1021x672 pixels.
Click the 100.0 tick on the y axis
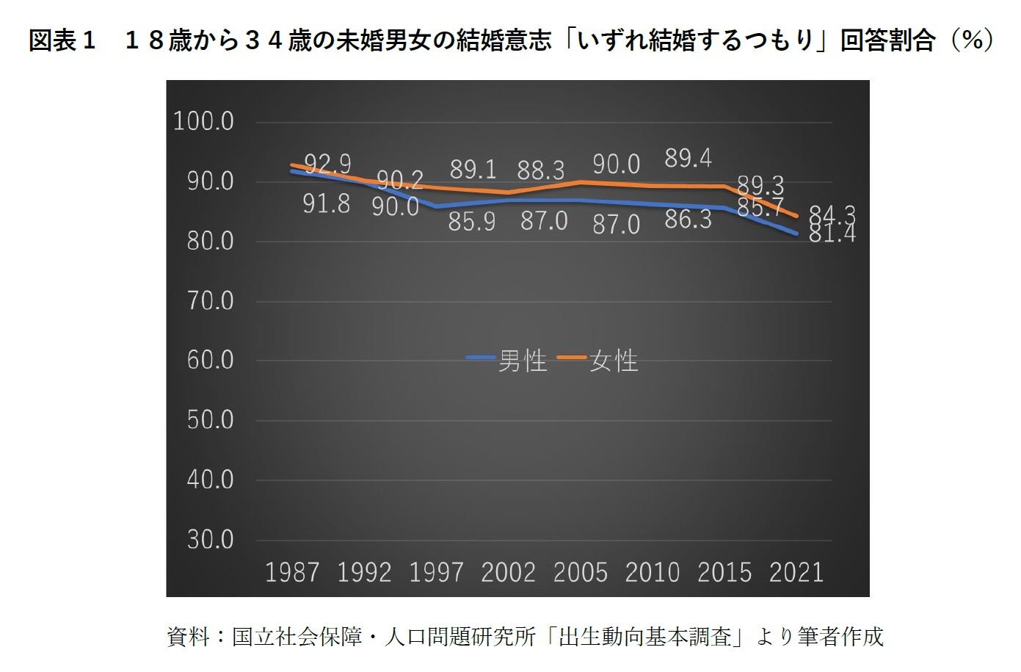(203, 121)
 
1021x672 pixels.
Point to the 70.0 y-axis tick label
(210, 300)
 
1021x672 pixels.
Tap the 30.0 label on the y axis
(210, 540)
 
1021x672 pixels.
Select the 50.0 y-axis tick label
(210, 420)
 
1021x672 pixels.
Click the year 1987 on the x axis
(292, 572)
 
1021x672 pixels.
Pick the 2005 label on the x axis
(580, 572)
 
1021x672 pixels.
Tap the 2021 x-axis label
(796, 572)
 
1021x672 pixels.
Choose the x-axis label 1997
(436, 572)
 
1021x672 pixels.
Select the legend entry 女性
(614, 361)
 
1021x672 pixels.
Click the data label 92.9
(327, 163)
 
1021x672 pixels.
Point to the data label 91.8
(327, 203)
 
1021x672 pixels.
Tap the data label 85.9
(472, 221)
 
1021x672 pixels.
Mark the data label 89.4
(688, 158)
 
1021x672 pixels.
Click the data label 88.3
(541, 170)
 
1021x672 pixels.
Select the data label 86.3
(688, 219)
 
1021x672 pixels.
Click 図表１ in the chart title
(62, 40)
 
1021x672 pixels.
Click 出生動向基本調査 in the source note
(645, 636)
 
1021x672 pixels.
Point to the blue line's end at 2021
(797, 234)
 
